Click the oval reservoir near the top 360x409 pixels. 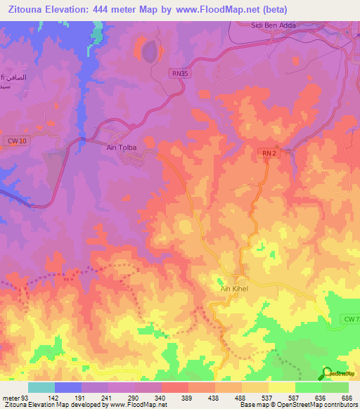(x=148, y=51)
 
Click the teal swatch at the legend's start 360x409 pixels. (x=41, y=387)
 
